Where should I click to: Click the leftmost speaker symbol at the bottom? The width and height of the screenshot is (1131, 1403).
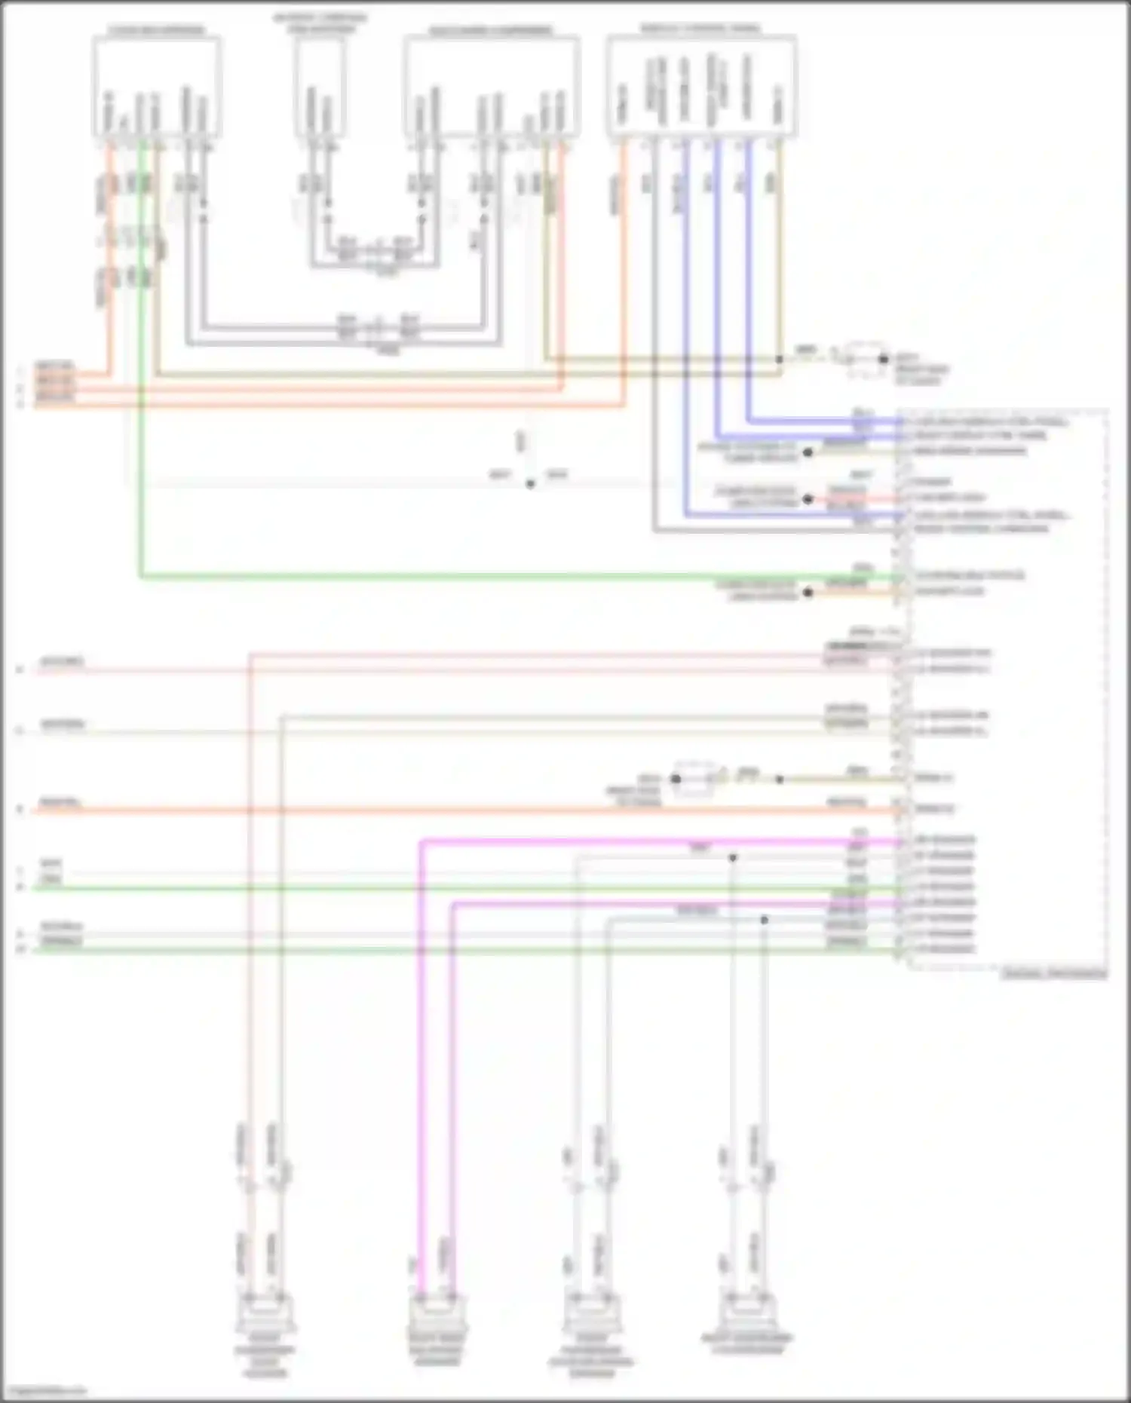pyautogui.click(x=265, y=1314)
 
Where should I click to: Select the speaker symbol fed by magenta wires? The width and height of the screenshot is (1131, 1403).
pyautogui.click(x=437, y=1314)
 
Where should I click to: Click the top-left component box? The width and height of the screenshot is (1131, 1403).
pyautogui.click(x=157, y=87)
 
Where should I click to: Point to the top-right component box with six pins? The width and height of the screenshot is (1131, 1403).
pyautogui.click(x=701, y=87)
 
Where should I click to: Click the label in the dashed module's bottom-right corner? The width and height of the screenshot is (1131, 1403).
pyautogui.click(x=1054, y=974)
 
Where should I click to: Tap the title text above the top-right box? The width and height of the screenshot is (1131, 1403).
pyautogui.click(x=701, y=29)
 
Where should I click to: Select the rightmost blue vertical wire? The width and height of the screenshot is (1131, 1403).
pyautogui.click(x=748, y=279)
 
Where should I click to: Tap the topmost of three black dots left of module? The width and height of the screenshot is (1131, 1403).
pyautogui.click(x=808, y=452)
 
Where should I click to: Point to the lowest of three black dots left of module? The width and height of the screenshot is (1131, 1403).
pyautogui.click(x=808, y=593)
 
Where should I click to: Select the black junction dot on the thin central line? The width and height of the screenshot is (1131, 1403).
pyautogui.click(x=531, y=484)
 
